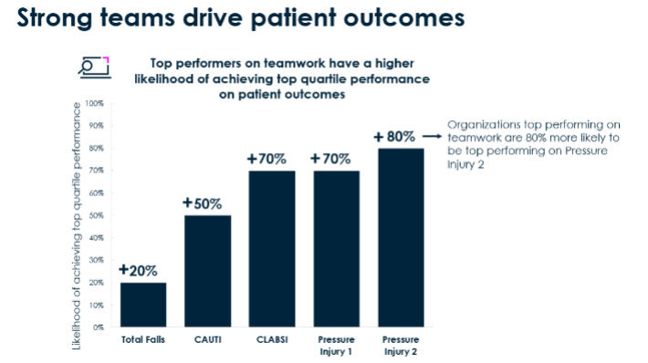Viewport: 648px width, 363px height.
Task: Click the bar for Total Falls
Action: pyautogui.click(x=144, y=304)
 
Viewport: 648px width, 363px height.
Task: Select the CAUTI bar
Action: pyautogui.click(x=207, y=271)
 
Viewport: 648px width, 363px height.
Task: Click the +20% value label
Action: pyautogui.click(x=138, y=271)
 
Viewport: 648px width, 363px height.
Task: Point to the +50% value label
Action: pyautogui.click(x=202, y=203)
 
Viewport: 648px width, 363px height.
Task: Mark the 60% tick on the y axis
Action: pyautogui.click(x=95, y=192)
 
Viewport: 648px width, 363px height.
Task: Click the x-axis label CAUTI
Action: pyautogui.click(x=207, y=340)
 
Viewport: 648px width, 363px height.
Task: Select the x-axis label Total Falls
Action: pyautogui.click(x=144, y=340)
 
